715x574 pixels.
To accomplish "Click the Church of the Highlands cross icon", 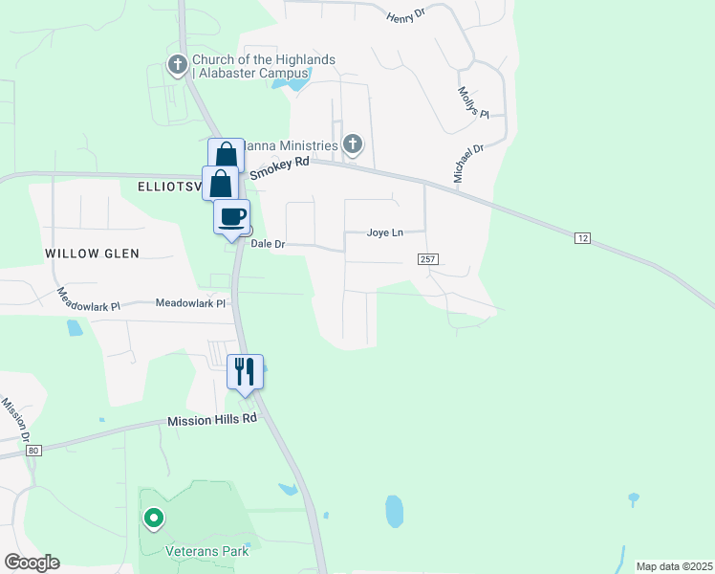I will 177,66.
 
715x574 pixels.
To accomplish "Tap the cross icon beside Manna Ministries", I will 353,145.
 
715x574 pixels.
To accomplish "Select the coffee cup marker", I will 231,217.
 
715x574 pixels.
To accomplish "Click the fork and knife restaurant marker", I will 245,370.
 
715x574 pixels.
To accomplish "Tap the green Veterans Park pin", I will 152,519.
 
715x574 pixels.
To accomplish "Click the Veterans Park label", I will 207,551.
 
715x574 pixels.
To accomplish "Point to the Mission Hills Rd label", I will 212,420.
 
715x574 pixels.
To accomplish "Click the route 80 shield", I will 34,450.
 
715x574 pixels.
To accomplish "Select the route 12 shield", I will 581,237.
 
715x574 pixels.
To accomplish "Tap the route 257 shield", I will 426,259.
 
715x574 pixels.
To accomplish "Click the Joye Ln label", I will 385,232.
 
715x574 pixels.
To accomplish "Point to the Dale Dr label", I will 268,244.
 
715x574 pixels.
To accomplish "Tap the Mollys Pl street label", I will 471,100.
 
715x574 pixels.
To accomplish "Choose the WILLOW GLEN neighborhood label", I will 92,254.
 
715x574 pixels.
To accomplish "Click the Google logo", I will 32,563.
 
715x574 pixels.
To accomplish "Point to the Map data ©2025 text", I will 673,566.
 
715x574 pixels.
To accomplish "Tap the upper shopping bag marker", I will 226,154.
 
